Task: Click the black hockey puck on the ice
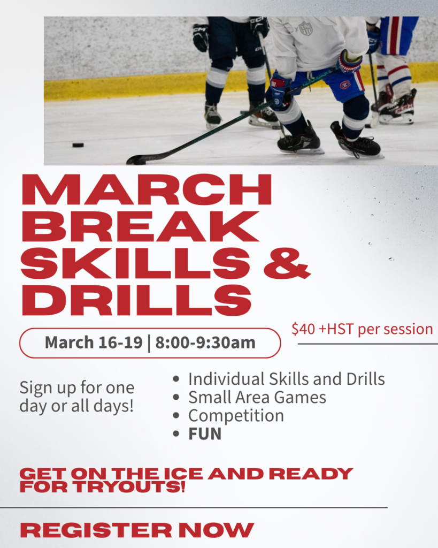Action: (x=78, y=144)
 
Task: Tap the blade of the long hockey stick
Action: (x=137, y=160)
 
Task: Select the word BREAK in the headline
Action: (x=140, y=228)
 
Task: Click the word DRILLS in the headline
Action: (x=136, y=300)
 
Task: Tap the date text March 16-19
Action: (x=94, y=342)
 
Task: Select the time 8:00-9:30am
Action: (x=205, y=342)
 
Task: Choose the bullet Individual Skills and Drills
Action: (x=286, y=379)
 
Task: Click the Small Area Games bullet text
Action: (x=257, y=397)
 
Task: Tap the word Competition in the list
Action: (x=236, y=416)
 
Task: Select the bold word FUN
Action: (x=205, y=434)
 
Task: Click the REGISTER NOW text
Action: (x=136, y=530)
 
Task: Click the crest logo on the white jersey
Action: (x=305, y=28)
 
